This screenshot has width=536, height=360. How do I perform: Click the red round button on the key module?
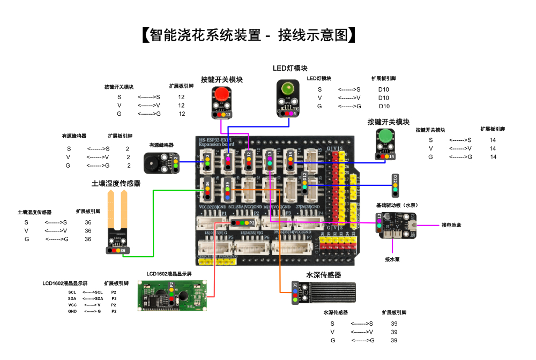[x=221, y=95]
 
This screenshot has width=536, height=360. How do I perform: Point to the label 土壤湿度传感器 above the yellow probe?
[x=116, y=183]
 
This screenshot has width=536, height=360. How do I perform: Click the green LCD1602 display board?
[x=169, y=295]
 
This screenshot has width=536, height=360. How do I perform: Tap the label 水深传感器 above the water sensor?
[x=324, y=275]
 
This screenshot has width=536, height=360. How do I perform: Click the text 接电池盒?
[x=451, y=225]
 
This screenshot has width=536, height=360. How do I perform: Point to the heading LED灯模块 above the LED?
[x=290, y=68]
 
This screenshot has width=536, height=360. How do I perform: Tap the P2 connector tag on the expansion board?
[x=251, y=222]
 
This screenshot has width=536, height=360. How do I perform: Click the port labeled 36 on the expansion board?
[x=207, y=186]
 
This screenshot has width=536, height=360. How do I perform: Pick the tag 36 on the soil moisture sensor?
[x=123, y=250]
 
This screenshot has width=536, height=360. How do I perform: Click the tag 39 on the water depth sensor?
[x=295, y=285]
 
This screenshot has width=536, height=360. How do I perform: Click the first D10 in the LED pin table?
[x=384, y=89]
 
